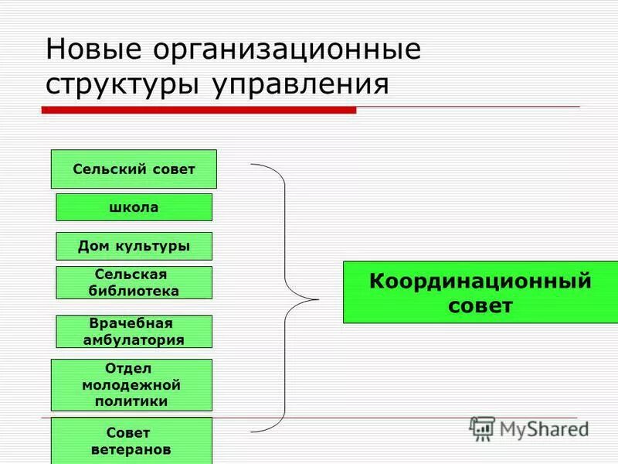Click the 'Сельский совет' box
[x=134, y=169]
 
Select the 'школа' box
[x=134, y=207]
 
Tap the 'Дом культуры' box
[x=134, y=246]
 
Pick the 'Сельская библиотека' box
[x=134, y=282]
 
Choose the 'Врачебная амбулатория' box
[x=134, y=331]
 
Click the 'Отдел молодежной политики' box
[x=131, y=384]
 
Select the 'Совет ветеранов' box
[x=131, y=441]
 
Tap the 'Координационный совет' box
[x=480, y=292]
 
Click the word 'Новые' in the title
[x=93, y=50]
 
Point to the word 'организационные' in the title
[x=287, y=50]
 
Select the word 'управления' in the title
[x=297, y=84]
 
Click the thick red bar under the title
[x=199, y=111]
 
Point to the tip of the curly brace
[x=317, y=299]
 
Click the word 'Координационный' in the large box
[x=480, y=281]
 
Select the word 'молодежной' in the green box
[x=131, y=384]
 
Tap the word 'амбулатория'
[x=134, y=339]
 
